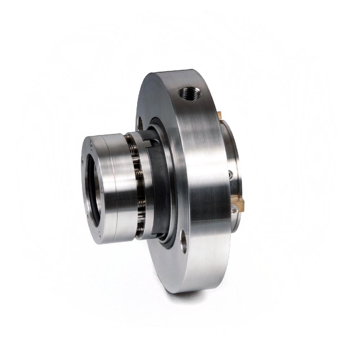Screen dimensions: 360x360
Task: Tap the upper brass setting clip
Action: coord(220,115)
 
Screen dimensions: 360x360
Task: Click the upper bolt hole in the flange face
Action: coord(140,123)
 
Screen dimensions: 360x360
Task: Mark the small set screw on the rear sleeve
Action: coord(230,175)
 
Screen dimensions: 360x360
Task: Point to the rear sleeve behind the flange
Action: coord(232,155)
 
